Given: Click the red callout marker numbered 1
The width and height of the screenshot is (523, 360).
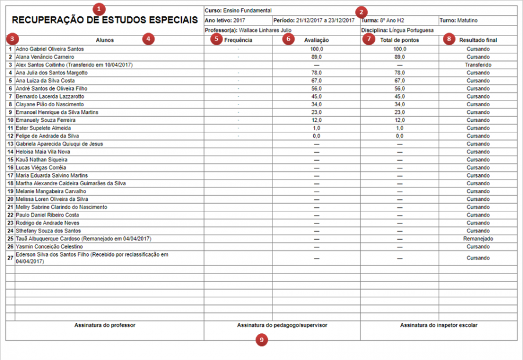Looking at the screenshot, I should pyautogui.click(x=100, y=9).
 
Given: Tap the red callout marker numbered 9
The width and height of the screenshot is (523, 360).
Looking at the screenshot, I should pyautogui.click(x=262, y=340).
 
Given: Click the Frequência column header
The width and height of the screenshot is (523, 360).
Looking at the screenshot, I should pyautogui.click(x=238, y=40).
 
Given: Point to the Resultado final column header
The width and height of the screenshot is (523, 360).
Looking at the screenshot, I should pyautogui.click(x=478, y=40).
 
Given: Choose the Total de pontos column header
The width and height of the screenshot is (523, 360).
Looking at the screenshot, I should pyautogui.click(x=399, y=40).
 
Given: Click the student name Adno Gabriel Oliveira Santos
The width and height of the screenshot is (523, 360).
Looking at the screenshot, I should pyautogui.click(x=50, y=49).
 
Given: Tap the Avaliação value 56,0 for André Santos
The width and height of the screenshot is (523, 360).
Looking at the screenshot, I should pyautogui.click(x=317, y=89).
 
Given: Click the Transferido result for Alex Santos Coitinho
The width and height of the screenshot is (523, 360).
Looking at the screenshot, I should pyautogui.click(x=478, y=65).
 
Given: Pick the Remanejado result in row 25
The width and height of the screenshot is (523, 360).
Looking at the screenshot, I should pyautogui.click(x=478, y=239).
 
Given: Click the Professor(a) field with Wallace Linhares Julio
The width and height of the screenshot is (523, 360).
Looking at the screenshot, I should pyautogui.click(x=248, y=30).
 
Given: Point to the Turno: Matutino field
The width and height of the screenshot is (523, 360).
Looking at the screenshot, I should pyautogui.click(x=459, y=20).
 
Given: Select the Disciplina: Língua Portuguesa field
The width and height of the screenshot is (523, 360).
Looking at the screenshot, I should pyautogui.click(x=397, y=30).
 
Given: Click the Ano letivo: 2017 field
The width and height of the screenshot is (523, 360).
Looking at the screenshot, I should pyautogui.click(x=225, y=20).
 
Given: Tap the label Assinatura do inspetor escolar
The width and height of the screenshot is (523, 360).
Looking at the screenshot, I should pyautogui.click(x=439, y=325).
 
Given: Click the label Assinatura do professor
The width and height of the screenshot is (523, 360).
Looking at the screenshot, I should pyautogui.click(x=105, y=325).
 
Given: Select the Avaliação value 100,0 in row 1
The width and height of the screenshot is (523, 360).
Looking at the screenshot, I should pyautogui.click(x=317, y=49).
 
